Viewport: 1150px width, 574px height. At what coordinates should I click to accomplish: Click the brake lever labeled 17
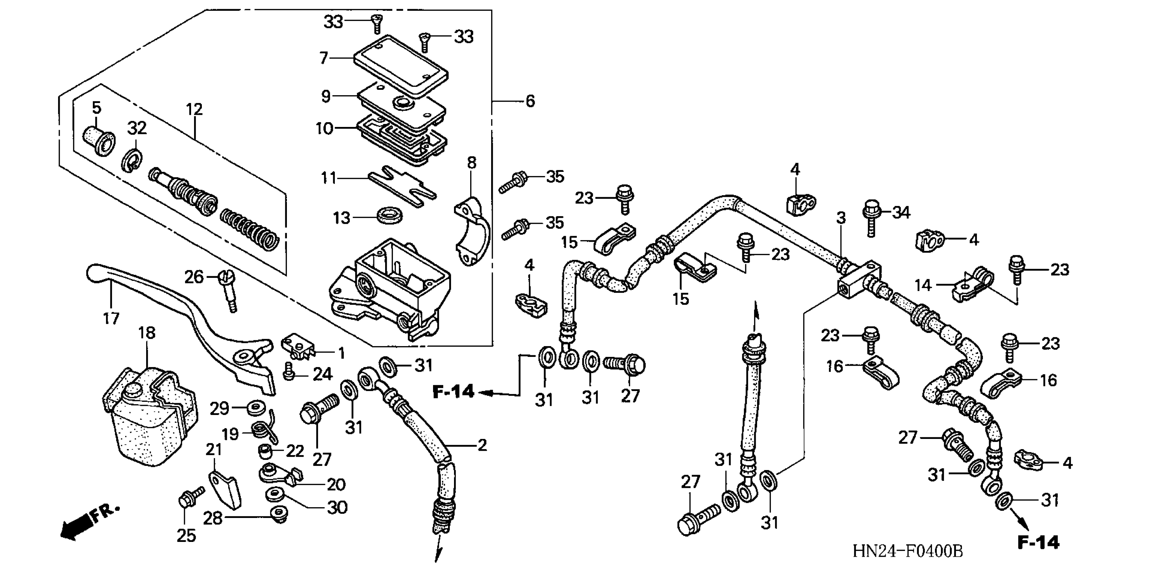click(x=187, y=313)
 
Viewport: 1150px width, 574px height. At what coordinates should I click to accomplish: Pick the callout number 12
click(x=194, y=109)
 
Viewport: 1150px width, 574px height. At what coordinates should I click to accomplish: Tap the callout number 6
click(x=530, y=101)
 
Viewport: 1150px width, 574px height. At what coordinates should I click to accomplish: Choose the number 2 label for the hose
click(x=482, y=445)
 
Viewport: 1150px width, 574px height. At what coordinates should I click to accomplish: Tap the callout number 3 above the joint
click(x=841, y=218)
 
